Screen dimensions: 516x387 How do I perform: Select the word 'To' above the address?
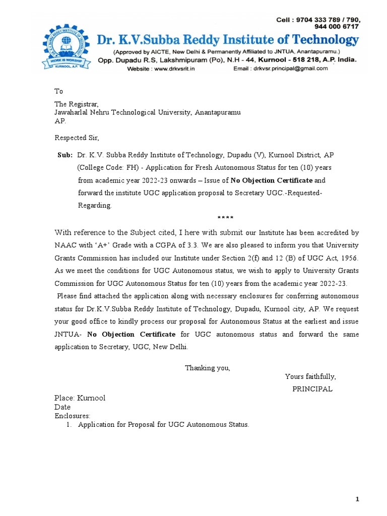pyautogui.click(x=58, y=91)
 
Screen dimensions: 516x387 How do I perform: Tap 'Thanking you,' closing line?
pyautogui.click(x=207, y=367)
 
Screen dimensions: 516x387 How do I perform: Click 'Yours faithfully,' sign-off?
pyautogui.click(x=310, y=376)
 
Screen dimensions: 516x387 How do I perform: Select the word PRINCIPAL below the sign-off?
pyautogui.click(x=312, y=389)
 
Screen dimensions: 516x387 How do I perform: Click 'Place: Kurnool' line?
pyautogui.click(x=80, y=398)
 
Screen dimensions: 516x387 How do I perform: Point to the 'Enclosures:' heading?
pyautogui.click(x=72, y=416)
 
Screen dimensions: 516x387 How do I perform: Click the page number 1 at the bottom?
pyautogui.click(x=357, y=499)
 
